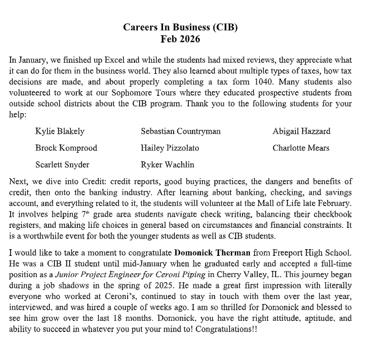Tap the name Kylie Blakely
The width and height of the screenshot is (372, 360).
[x=60, y=132]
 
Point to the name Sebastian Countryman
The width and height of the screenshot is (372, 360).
[x=180, y=132]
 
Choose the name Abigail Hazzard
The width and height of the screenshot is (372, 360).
[x=301, y=132]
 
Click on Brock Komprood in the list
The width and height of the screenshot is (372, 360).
[x=66, y=148]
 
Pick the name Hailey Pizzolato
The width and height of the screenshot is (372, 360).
[x=170, y=148]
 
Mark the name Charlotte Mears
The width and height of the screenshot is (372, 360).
[x=301, y=148]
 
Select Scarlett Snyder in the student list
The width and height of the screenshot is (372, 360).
[x=62, y=165]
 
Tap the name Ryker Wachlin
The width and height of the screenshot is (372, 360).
[x=168, y=165]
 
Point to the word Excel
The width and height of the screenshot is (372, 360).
[x=117, y=59]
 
